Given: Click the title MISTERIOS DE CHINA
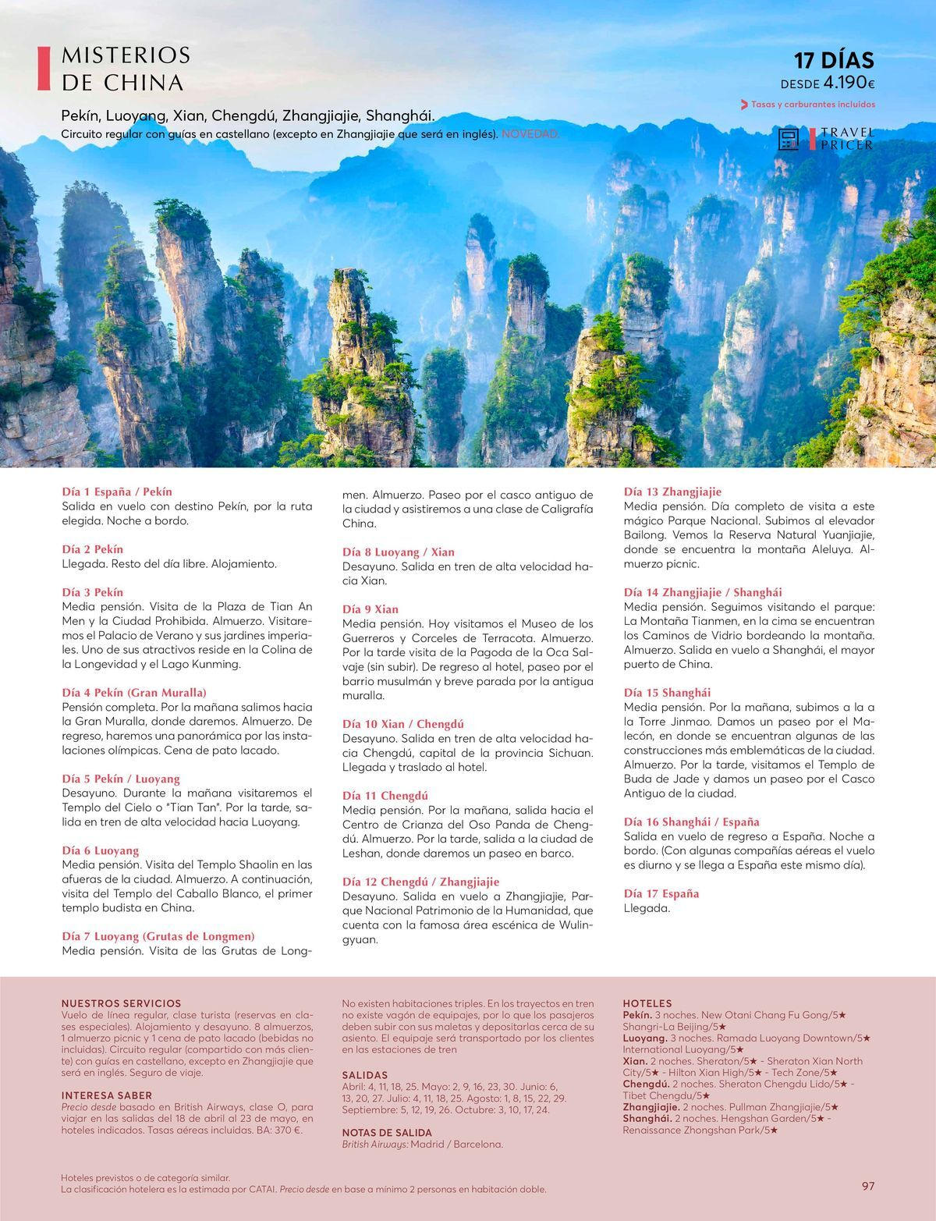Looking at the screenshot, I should point(125,69).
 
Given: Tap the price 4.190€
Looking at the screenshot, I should point(849,83).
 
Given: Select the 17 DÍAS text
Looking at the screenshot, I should point(834,60).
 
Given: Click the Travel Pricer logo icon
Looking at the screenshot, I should point(789,139).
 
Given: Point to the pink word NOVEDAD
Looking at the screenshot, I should point(530,134).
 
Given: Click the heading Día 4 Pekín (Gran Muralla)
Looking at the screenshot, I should point(134,692).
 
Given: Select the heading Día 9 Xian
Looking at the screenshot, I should point(370,609).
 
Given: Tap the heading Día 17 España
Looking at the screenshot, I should point(661,893).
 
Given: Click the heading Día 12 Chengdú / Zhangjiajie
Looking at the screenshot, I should point(420,882).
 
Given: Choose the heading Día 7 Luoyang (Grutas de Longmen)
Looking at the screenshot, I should point(158,936).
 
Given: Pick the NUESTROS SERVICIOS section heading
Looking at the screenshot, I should point(121,1003).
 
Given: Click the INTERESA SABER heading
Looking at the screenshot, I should point(107,1095).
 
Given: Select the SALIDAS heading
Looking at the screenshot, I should point(365,1075).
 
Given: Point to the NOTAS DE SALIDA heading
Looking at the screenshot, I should point(387,1132).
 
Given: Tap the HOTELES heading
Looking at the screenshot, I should point(647,1003).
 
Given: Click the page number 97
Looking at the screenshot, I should point(868,1186).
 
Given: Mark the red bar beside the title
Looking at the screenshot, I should point(44,69).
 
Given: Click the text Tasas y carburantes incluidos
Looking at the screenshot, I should point(812,105).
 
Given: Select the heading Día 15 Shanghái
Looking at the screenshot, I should point(667,692).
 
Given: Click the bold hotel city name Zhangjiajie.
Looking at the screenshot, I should point(651,1107).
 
